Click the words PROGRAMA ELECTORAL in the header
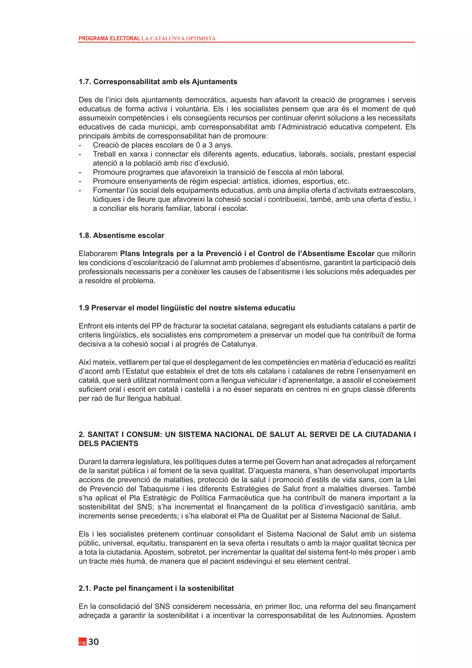(109, 38)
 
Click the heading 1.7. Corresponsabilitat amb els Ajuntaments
(158, 82)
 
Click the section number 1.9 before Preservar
(84, 308)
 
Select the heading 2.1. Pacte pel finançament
(156, 588)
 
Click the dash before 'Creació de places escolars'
(80, 145)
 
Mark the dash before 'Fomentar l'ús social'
(80, 190)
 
